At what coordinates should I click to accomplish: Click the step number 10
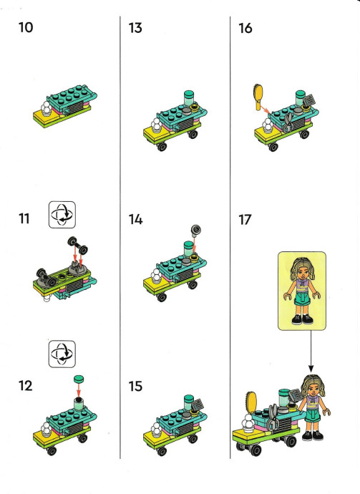point(26,27)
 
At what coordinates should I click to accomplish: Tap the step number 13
point(135,28)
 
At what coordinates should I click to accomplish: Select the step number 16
point(245,28)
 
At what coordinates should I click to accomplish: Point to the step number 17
point(245,220)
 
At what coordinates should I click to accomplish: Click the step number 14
point(135,220)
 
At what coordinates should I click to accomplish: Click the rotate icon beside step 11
point(62,215)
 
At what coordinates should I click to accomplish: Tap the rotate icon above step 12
point(62,354)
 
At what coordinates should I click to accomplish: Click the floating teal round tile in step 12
point(79,379)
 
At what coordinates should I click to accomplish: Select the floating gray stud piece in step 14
point(196,231)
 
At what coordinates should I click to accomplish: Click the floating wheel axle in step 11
point(78,245)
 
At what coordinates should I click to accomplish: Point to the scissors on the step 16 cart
point(288,123)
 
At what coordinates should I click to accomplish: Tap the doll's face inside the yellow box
point(302,271)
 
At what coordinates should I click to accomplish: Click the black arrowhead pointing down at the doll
point(311,368)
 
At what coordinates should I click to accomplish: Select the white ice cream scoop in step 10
point(47,108)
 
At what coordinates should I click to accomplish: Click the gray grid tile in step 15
point(198,405)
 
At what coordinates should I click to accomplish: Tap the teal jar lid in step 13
point(189,94)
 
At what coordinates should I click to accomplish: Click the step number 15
point(135,387)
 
